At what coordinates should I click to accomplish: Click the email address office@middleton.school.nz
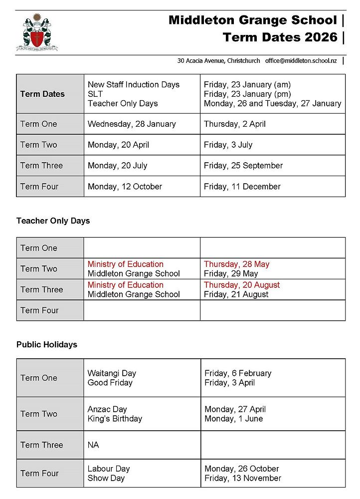click(x=301, y=60)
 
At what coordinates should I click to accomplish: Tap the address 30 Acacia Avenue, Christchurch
click(x=218, y=60)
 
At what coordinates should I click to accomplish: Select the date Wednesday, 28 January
click(x=132, y=124)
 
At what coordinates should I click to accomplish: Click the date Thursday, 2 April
click(x=234, y=124)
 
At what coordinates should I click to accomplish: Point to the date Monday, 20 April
click(x=118, y=145)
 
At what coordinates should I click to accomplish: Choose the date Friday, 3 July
click(x=228, y=145)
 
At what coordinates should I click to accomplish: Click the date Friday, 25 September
click(x=243, y=166)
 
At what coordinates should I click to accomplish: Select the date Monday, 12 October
click(x=125, y=187)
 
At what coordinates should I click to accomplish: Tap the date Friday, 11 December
click(x=242, y=187)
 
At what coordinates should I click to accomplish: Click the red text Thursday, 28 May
click(x=236, y=264)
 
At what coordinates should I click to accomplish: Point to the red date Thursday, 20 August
click(x=242, y=285)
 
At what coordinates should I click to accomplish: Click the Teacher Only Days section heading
click(x=53, y=221)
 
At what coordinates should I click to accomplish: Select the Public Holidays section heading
click(x=46, y=344)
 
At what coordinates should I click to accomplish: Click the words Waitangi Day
click(x=112, y=373)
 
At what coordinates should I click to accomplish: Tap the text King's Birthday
click(x=115, y=419)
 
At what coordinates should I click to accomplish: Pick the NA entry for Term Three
click(x=93, y=445)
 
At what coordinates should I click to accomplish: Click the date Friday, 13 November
click(x=243, y=478)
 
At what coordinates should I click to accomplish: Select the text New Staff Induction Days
click(x=133, y=84)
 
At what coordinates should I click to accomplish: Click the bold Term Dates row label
click(x=42, y=94)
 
